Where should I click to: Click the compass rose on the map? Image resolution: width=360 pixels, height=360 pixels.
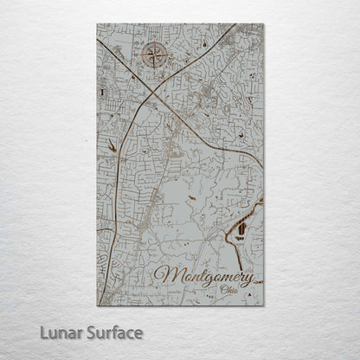(x=155, y=57)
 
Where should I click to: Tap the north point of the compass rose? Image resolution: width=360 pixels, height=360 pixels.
(x=155, y=43)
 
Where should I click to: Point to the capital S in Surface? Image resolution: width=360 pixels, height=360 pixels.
(x=93, y=331)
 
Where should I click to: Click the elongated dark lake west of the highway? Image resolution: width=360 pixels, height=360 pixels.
(x=112, y=147)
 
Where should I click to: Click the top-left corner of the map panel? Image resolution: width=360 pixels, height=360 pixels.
(x=98, y=24)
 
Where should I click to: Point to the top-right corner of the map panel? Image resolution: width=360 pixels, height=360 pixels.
(x=262, y=24)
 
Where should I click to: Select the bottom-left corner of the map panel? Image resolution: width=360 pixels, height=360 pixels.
(x=98, y=305)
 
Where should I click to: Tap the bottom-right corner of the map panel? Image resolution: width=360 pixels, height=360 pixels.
(x=262, y=305)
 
